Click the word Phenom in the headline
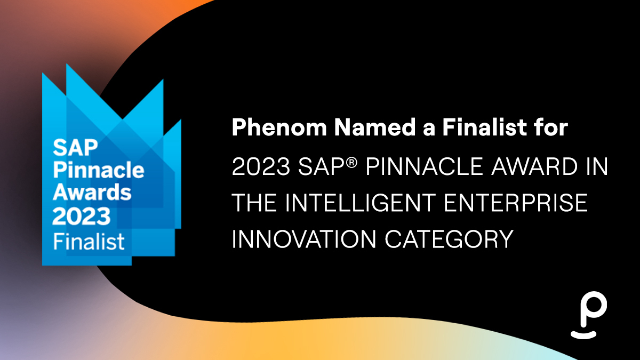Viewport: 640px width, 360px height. tap(279, 127)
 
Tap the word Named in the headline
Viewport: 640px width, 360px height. tap(375, 127)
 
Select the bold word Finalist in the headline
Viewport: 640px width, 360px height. tap(485, 127)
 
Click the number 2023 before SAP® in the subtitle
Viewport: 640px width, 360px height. tap(261, 166)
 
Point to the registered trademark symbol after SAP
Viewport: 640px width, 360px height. tap(353, 163)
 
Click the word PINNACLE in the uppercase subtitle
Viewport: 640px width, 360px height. tap(425, 166)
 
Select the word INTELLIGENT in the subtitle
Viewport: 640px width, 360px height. tap(361, 203)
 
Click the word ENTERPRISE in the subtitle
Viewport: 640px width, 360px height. tap(516, 203)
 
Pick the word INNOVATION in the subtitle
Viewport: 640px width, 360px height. tap(303, 239)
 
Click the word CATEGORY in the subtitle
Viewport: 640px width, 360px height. tap(450, 239)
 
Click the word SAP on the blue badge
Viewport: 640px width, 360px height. tap(75, 147)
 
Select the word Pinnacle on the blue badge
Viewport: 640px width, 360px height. tap(99, 171)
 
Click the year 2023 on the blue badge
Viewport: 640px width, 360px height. tap(82, 216)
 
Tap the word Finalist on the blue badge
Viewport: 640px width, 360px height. tap(89, 242)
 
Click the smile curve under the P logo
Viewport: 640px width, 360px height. tap(583, 335)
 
